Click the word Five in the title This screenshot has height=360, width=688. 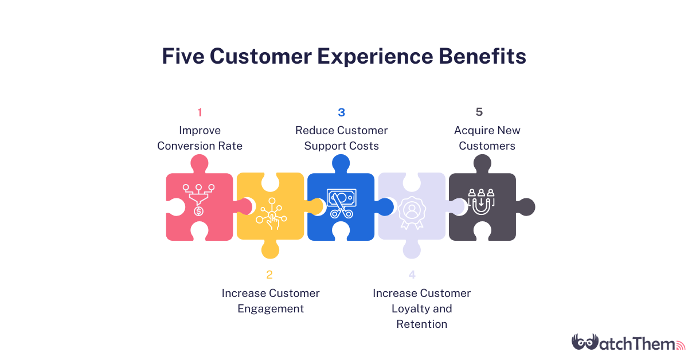pos(182,57)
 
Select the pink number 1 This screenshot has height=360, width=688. pos(200,112)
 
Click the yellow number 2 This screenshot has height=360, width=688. pos(270,275)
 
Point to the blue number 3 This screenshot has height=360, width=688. pos(341,112)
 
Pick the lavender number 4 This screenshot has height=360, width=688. pos(412,275)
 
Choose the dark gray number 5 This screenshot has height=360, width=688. pos(479,112)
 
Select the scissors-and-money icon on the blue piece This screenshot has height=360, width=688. pos(341,204)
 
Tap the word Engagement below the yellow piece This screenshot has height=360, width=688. pos(271,308)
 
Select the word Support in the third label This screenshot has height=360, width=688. pos(325,146)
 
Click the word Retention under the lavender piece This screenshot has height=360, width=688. pos(421,324)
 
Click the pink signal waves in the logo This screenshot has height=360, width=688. pos(681,346)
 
